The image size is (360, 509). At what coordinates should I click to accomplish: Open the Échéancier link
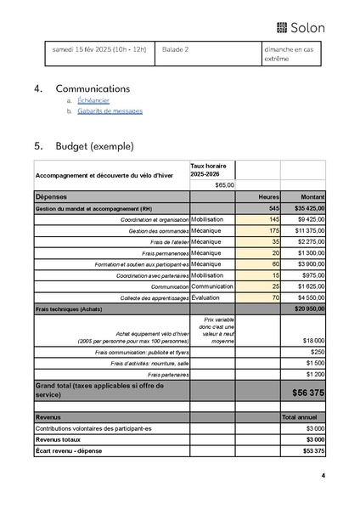coord(93,100)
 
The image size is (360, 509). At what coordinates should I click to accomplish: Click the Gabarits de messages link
coord(110,111)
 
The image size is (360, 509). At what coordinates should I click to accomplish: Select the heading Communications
coord(93,88)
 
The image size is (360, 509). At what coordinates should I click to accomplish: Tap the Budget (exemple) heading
coord(94,146)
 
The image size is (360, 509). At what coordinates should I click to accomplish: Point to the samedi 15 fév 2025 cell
coord(99,49)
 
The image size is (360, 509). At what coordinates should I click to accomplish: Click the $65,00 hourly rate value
coord(224,184)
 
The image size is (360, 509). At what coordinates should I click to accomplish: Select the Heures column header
coord(268,196)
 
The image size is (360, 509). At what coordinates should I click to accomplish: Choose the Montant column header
coord(311,196)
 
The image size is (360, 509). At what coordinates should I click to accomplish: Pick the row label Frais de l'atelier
coord(165,242)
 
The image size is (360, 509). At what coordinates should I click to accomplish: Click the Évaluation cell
coord(209,297)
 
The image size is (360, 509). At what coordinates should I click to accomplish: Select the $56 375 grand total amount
coord(308,393)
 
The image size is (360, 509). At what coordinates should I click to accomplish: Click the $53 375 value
coord(312,450)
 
